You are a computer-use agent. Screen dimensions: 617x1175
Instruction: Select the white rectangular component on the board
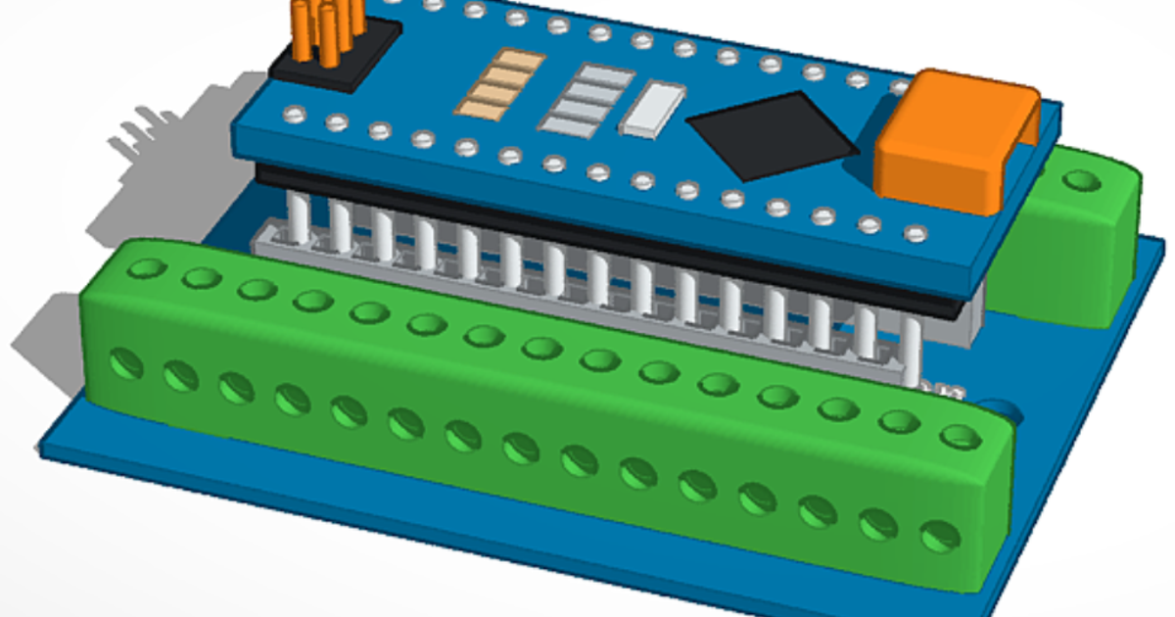coord(654,109)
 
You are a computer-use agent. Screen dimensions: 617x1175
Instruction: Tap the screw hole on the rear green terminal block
coord(1081,180)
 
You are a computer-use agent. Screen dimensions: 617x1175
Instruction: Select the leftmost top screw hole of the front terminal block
coord(148,267)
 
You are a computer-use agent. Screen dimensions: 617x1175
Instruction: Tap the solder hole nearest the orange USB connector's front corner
coord(915,233)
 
